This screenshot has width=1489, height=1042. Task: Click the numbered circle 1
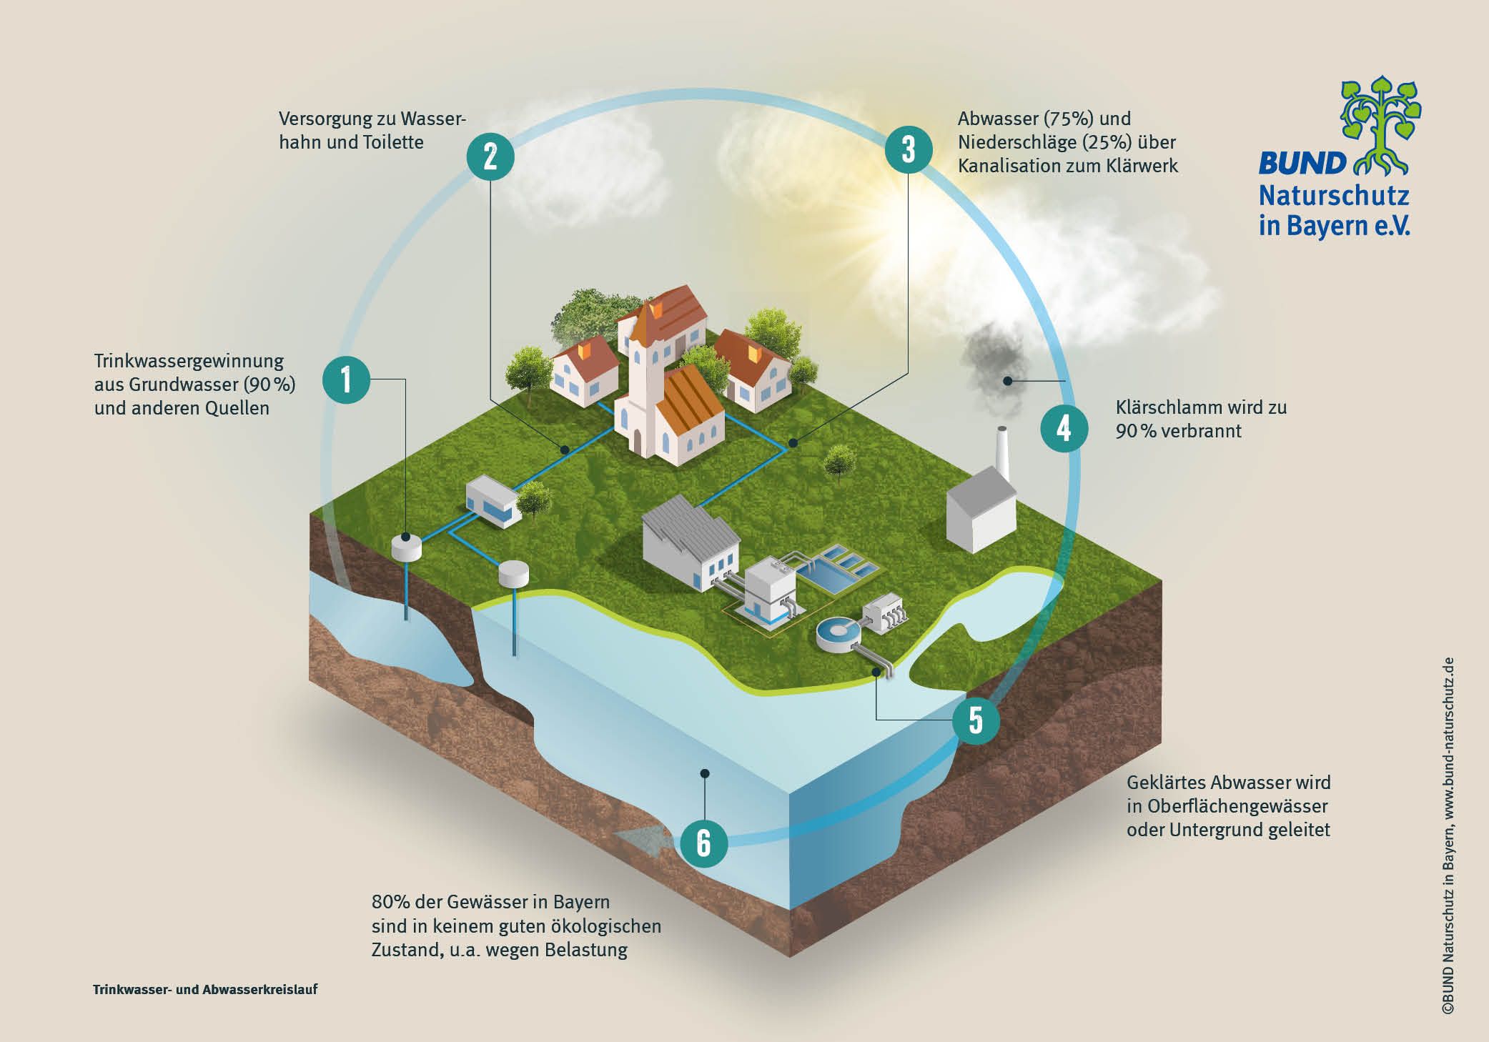coord(347,379)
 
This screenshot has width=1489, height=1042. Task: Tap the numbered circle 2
coord(490,156)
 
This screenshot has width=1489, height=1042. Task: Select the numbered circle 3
coord(909,150)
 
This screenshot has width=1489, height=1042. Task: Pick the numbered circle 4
coord(1064,429)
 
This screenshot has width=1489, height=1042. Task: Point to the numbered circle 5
coord(976,720)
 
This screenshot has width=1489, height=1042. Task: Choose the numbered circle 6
coord(703,843)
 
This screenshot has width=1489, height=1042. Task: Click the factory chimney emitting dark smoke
coord(1003,456)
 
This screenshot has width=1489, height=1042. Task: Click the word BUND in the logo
coord(1302,164)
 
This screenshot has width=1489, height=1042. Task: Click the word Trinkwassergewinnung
coord(189,361)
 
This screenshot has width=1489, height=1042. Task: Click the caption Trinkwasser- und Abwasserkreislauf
coord(205,990)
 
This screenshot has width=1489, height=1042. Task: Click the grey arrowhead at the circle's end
coord(641,840)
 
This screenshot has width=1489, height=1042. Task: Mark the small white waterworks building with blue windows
coord(493,502)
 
